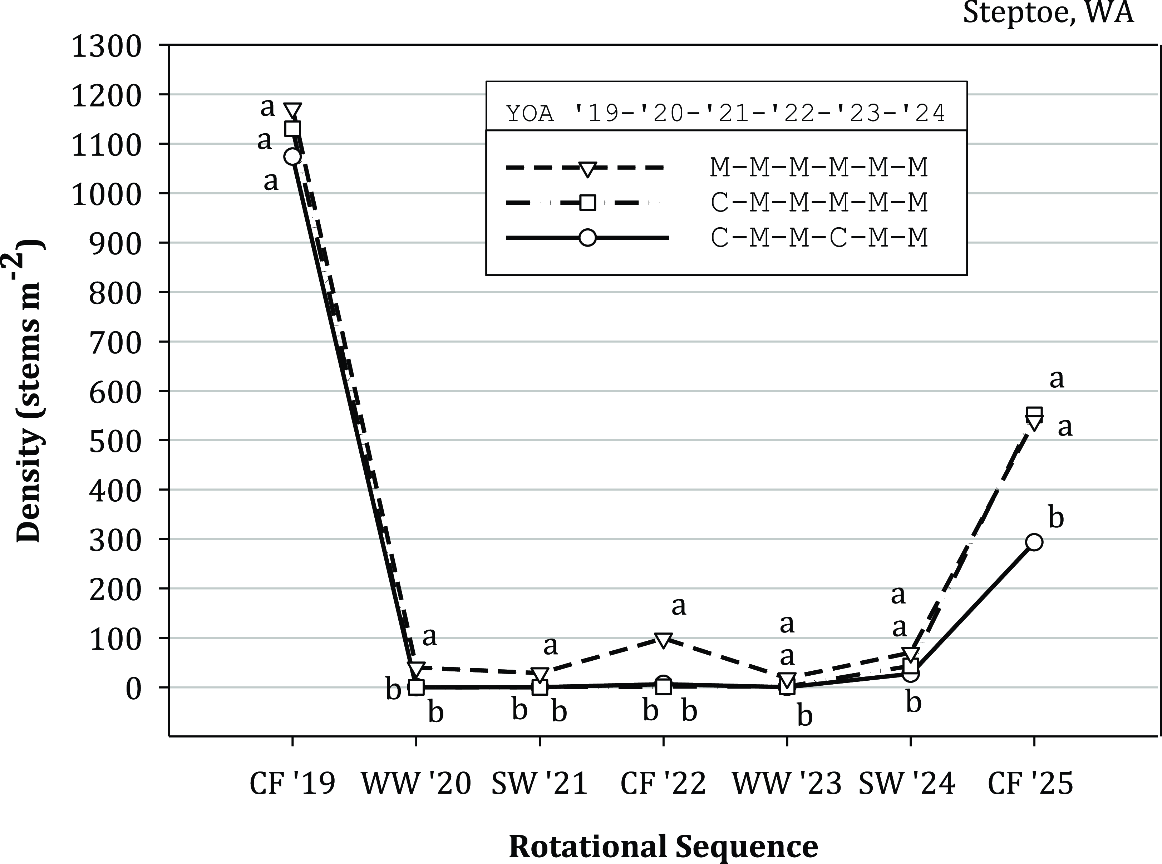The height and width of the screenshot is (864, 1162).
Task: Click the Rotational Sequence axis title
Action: click(x=663, y=846)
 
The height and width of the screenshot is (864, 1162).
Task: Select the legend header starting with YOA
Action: click(x=726, y=113)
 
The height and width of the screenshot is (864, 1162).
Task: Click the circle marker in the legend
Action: click(x=587, y=238)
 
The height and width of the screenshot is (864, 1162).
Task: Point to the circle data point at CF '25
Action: click(x=1034, y=542)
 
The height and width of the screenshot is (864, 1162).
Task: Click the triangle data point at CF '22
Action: click(x=663, y=640)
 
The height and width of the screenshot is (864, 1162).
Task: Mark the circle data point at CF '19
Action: click(x=292, y=157)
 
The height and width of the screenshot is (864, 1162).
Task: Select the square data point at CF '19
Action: click(x=292, y=129)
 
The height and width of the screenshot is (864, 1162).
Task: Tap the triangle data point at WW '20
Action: click(x=416, y=669)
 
